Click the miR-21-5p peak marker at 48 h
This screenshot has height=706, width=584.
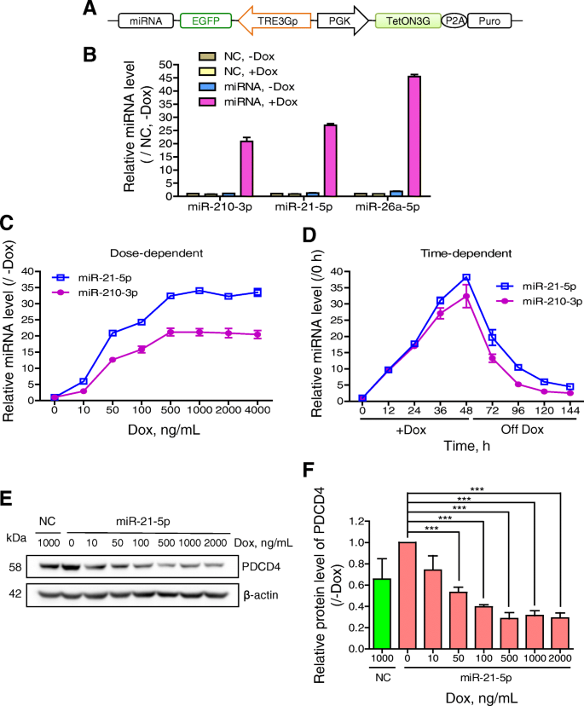pos(466,277)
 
